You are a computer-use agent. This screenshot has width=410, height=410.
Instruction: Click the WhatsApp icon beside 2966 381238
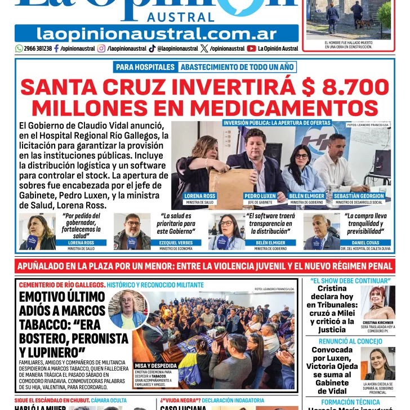coord(19,48)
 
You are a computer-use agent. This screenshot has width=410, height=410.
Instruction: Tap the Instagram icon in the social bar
coord(101,48)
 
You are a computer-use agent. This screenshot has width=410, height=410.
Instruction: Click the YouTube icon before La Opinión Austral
coord(251,48)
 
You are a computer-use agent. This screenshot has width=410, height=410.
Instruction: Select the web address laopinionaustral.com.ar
coord(157,33)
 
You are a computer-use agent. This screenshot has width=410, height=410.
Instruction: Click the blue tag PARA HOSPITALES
coord(145,67)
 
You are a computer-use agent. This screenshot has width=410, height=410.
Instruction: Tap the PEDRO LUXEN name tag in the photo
coord(260,196)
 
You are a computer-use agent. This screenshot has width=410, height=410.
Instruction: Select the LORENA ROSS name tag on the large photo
coord(199,196)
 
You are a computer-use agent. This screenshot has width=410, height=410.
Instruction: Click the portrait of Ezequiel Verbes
coord(132,231)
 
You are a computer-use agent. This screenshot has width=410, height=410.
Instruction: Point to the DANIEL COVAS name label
coord(365,243)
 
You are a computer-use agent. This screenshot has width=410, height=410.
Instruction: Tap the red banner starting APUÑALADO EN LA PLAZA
coord(204,265)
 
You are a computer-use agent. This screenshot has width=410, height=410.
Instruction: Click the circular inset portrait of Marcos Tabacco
coord(127,309)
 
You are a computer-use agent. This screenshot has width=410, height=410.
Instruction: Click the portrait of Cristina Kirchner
coord(378,303)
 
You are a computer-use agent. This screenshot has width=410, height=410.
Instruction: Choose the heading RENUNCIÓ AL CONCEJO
coord(350,341)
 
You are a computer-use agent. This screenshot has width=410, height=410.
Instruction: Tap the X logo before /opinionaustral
coord(203,48)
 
